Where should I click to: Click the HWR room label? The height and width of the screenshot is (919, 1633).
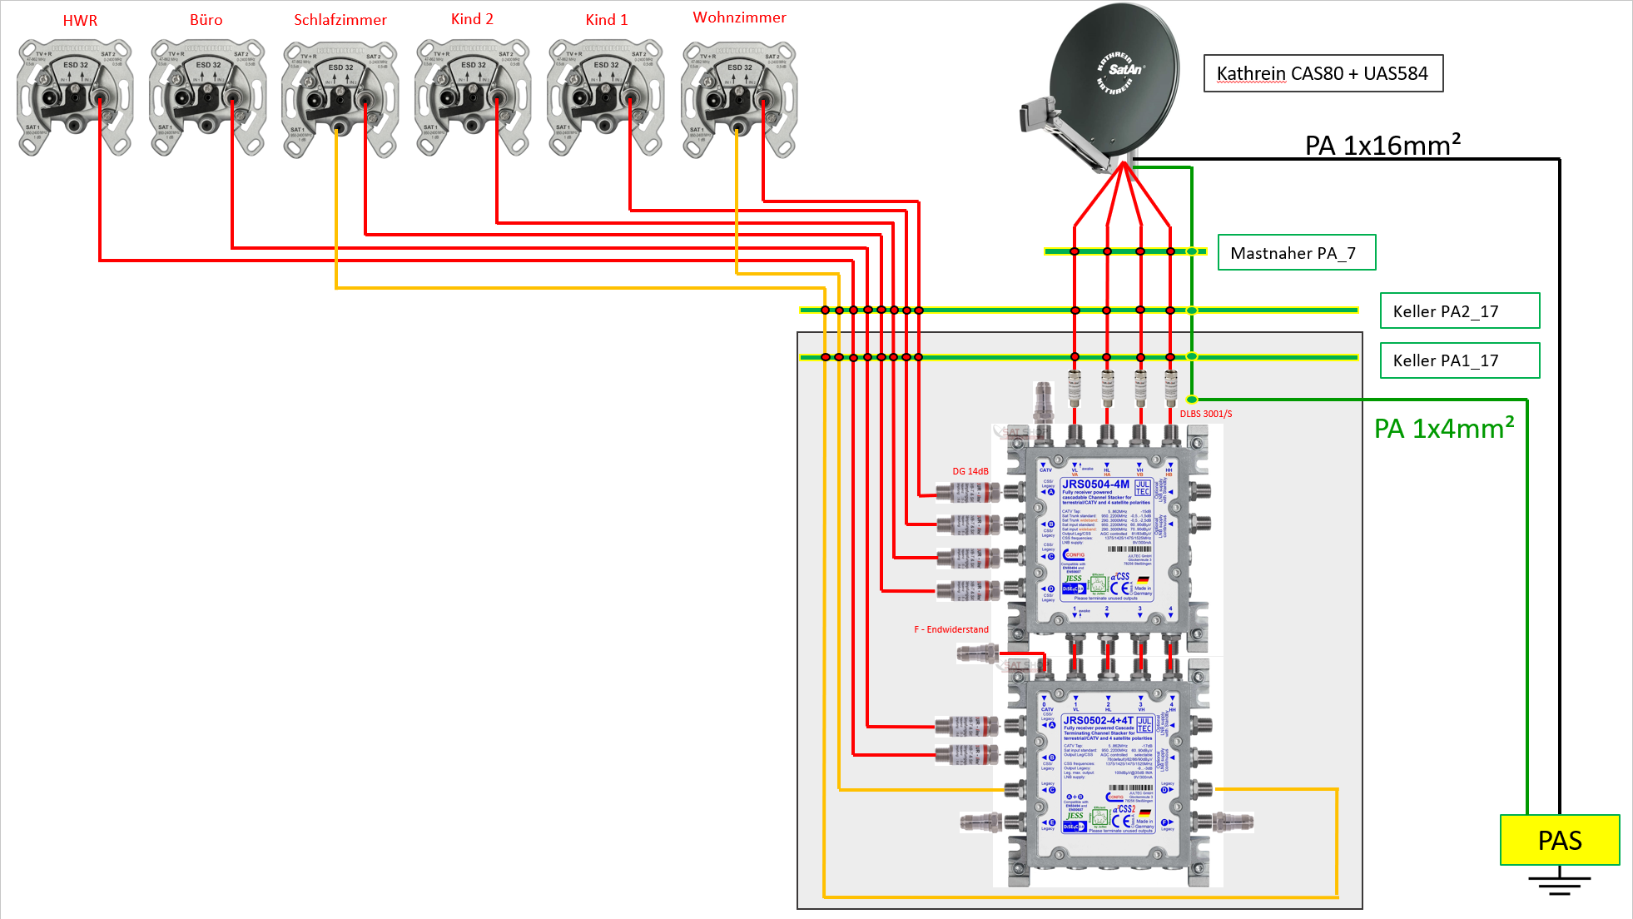[x=80, y=21]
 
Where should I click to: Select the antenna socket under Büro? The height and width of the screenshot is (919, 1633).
[x=207, y=97]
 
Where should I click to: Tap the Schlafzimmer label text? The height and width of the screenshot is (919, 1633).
[x=340, y=20]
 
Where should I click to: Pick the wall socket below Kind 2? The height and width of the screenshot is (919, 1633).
[x=473, y=97]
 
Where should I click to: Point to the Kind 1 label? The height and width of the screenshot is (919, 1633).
[x=606, y=20]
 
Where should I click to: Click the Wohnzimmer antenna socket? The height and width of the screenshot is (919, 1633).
[x=739, y=99]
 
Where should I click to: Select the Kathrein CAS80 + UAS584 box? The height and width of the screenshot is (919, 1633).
[x=1323, y=73]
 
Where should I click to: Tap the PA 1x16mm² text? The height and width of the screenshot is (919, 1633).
[x=1382, y=146]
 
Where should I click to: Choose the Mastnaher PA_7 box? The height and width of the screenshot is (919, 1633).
[x=1296, y=253]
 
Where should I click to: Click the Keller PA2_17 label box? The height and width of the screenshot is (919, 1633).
[x=1459, y=311]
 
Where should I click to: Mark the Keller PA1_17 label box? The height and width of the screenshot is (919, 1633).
[x=1459, y=360]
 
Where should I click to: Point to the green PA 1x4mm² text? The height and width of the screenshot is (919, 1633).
[x=1444, y=429]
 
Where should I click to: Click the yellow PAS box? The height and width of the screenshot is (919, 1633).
[x=1559, y=840]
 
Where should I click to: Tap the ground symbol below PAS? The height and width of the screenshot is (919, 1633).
[x=1559, y=883]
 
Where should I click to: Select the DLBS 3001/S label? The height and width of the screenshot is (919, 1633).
[x=1205, y=414]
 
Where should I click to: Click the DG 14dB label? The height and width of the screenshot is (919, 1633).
[x=970, y=471]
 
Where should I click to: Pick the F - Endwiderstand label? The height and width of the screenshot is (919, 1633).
[x=951, y=629]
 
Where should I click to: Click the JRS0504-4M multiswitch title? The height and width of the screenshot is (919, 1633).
[x=1095, y=484]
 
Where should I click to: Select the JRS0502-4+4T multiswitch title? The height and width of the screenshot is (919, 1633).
[x=1098, y=720]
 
